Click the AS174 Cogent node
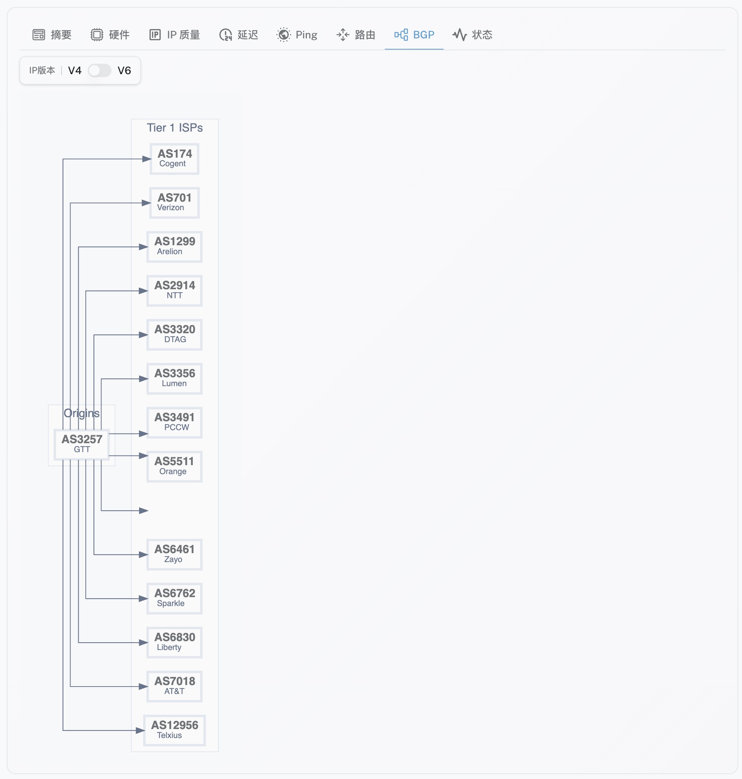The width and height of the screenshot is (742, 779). point(175,159)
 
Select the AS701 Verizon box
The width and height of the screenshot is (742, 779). point(175,203)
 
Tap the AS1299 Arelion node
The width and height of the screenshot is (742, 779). point(175,247)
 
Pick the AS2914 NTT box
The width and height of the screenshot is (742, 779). point(175,291)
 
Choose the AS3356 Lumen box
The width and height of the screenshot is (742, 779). point(175,378)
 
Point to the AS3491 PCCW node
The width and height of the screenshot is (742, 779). point(175,422)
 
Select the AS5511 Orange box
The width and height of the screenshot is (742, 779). point(175,466)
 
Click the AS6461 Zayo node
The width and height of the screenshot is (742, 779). point(175,554)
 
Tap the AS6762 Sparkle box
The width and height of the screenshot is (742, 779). point(175,598)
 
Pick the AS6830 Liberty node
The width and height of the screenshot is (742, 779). point(175,642)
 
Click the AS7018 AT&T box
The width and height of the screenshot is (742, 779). point(175,686)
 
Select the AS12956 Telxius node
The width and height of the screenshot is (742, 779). point(175,730)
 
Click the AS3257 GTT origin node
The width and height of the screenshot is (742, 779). point(82,444)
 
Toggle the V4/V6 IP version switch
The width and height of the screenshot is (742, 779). point(99,71)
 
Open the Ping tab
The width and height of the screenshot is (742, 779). point(297,35)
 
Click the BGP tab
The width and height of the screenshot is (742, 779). point(414,35)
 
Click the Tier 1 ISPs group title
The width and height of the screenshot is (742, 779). point(175,128)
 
